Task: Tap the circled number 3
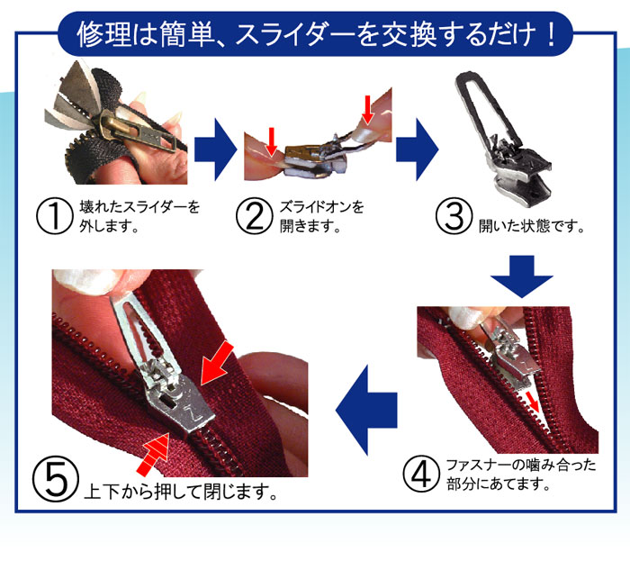(x=454, y=216)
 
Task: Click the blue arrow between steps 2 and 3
(x=417, y=140)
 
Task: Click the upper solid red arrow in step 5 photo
(x=217, y=364)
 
